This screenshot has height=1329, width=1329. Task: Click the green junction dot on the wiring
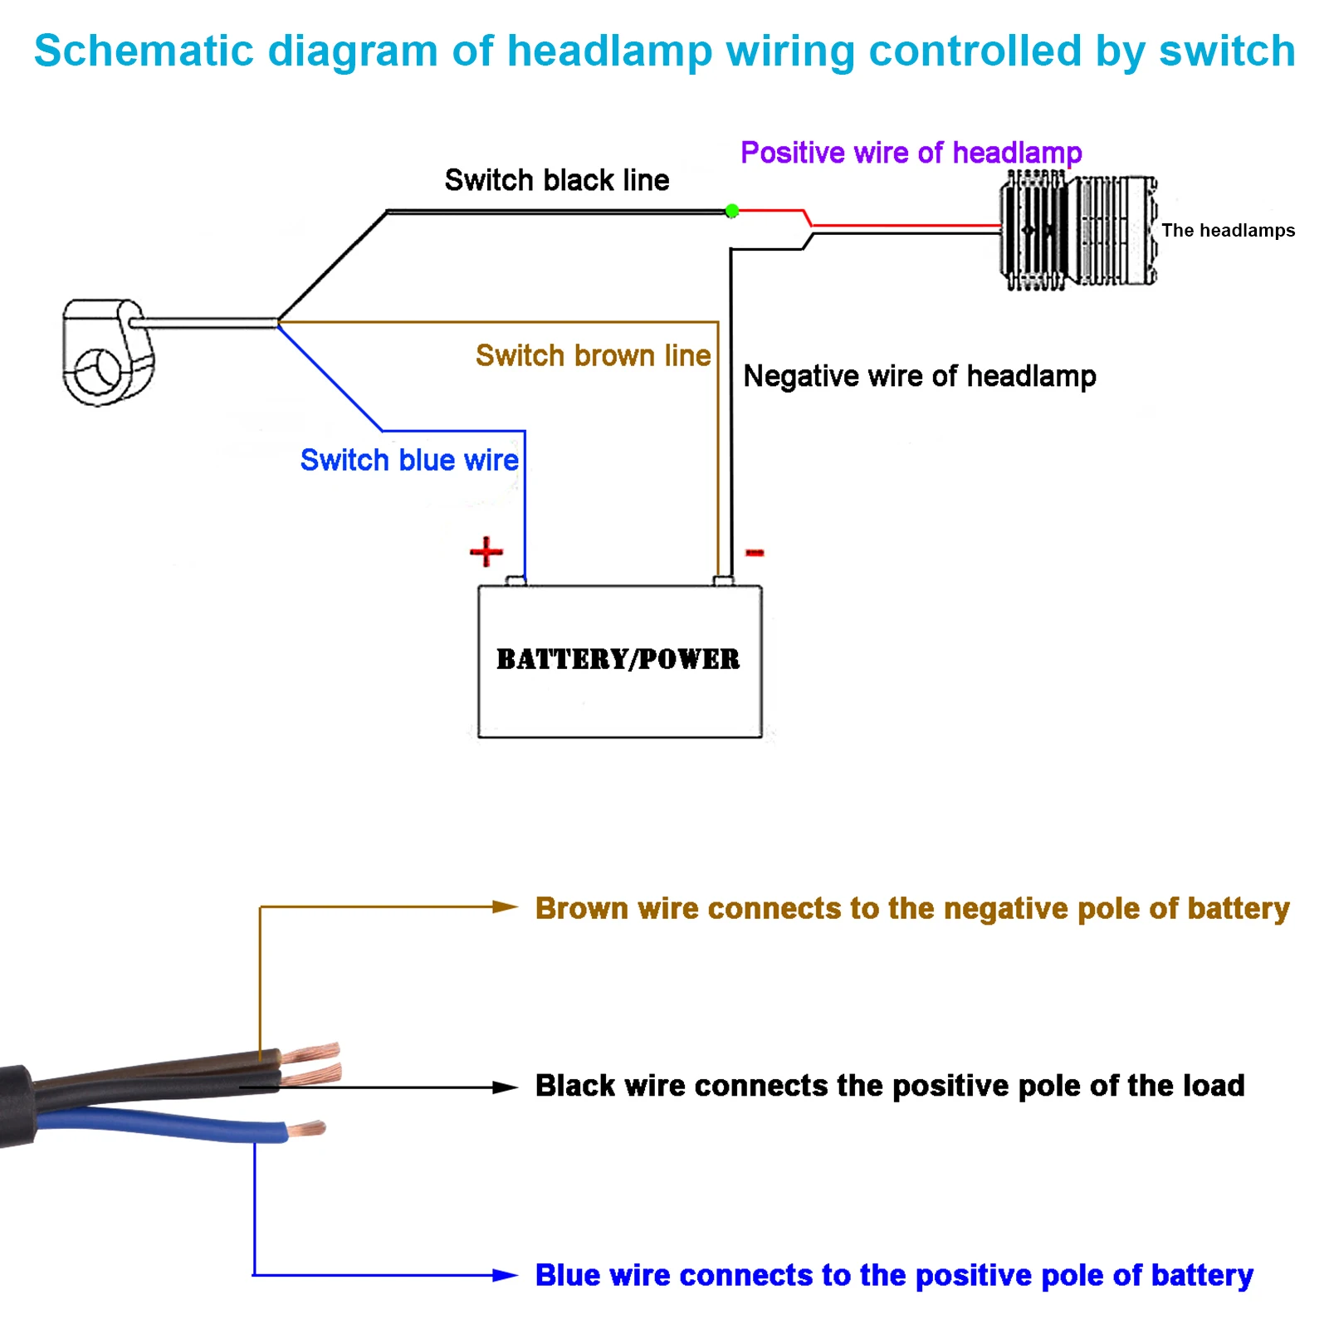[x=731, y=211]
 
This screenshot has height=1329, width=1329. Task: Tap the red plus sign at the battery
[x=486, y=551]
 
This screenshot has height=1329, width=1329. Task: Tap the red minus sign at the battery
[x=755, y=552]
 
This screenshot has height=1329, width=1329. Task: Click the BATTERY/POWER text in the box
[x=618, y=659]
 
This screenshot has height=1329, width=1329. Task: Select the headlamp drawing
[x=1077, y=230]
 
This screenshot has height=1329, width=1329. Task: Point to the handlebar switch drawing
[x=108, y=352]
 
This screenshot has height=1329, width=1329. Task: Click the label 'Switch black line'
[x=557, y=180]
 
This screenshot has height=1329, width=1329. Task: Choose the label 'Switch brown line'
[x=594, y=355]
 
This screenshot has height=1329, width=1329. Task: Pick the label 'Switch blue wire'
[x=409, y=460]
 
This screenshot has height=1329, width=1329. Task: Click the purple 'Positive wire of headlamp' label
[x=911, y=153]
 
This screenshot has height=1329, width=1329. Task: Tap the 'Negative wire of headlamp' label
[x=920, y=376]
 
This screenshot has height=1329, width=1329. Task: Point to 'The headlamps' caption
[x=1229, y=231]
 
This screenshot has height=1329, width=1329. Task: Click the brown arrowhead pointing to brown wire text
[x=505, y=906]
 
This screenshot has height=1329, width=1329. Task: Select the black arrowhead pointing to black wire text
[x=505, y=1087]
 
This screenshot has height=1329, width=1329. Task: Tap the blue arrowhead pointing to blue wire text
[x=505, y=1275]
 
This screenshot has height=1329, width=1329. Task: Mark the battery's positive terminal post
[x=515, y=580]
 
